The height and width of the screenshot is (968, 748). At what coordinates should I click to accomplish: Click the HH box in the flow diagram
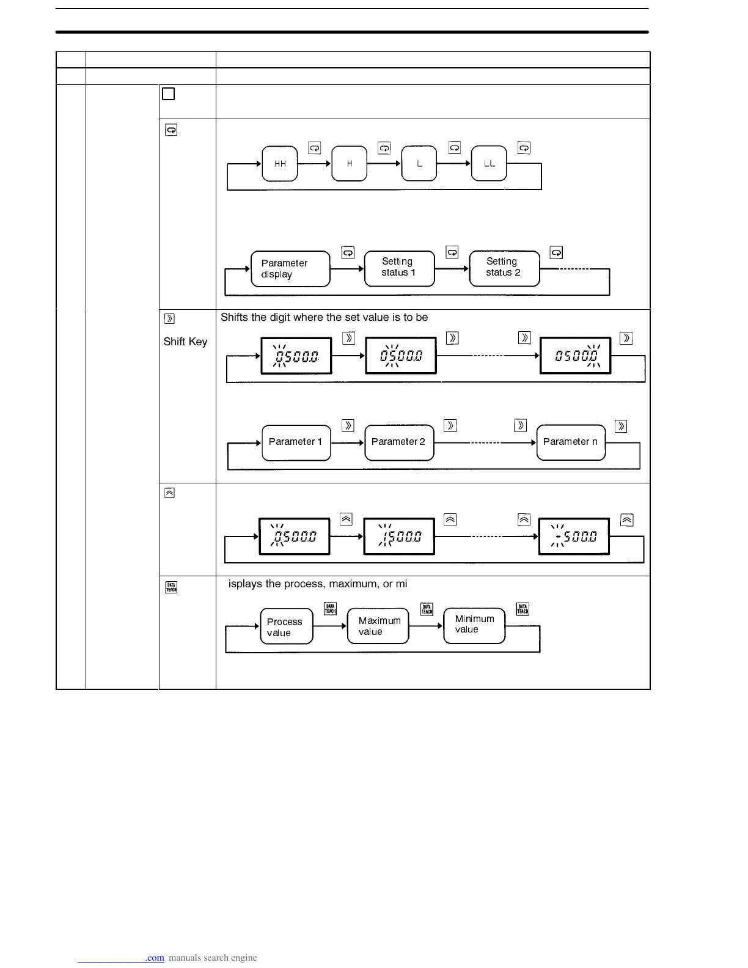pyautogui.click(x=280, y=164)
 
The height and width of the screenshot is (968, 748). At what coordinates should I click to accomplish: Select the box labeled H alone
pyautogui.click(x=350, y=164)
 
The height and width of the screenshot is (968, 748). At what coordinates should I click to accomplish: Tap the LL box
pyautogui.click(x=489, y=164)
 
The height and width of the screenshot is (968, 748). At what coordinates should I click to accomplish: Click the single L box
pyautogui.click(x=419, y=164)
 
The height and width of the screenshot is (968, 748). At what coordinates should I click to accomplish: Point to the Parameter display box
pyautogui.click(x=290, y=269)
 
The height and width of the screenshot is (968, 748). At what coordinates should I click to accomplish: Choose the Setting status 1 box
pyautogui.click(x=399, y=268)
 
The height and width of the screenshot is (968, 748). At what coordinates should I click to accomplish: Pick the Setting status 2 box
pyautogui.click(x=504, y=268)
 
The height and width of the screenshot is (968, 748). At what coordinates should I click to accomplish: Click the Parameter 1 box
pyautogui.click(x=296, y=442)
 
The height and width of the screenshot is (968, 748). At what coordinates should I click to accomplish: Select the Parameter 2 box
pyautogui.click(x=399, y=442)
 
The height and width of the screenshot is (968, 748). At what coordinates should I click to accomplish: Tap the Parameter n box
pyautogui.click(x=571, y=442)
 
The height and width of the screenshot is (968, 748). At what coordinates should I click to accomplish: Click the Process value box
pyautogui.click(x=286, y=626)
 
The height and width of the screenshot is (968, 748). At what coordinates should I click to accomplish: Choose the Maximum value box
pyautogui.click(x=378, y=626)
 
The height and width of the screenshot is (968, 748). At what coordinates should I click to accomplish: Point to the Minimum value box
pyautogui.click(x=474, y=625)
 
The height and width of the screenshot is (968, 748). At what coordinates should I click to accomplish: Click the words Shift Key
pyautogui.click(x=185, y=342)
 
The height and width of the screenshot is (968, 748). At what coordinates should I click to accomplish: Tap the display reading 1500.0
pyautogui.click(x=399, y=537)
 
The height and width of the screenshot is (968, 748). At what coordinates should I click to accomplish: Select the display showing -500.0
pyautogui.click(x=574, y=537)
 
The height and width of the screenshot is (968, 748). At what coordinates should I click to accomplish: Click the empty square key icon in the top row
pyautogui.click(x=169, y=94)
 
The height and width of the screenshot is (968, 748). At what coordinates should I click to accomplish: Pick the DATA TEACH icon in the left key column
pyautogui.click(x=171, y=587)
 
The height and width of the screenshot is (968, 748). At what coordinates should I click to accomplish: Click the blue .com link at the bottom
pyautogui.click(x=155, y=958)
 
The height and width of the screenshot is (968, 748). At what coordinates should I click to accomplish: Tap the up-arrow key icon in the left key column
pyautogui.click(x=170, y=493)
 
